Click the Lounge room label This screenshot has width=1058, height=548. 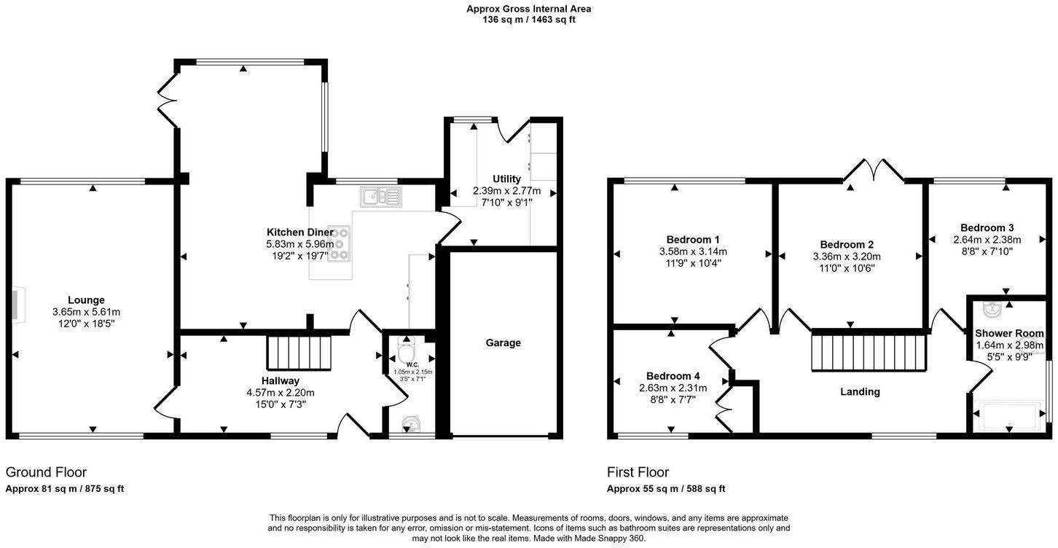point(86,300)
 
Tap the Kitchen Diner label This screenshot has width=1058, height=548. point(299,232)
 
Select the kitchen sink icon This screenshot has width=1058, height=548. point(380,196)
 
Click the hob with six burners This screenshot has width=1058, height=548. point(338,243)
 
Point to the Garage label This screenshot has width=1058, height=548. point(503,342)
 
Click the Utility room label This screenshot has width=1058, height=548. point(506,179)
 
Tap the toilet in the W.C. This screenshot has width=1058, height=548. point(406,352)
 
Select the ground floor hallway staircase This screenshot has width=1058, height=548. point(299,353)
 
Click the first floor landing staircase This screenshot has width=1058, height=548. point(869,353)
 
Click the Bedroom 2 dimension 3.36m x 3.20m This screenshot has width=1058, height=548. point(847,257)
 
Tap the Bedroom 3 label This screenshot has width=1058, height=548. point(987,227)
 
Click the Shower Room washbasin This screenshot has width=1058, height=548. point(991,311)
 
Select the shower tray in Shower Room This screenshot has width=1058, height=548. point(1009,417)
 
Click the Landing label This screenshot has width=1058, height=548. point(860,391)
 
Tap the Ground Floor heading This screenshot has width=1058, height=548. point(46,472)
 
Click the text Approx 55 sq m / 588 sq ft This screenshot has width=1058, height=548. point(666,489)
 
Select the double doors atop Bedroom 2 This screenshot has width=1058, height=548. point(874,171)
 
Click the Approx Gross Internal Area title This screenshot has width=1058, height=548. point(528,9)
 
